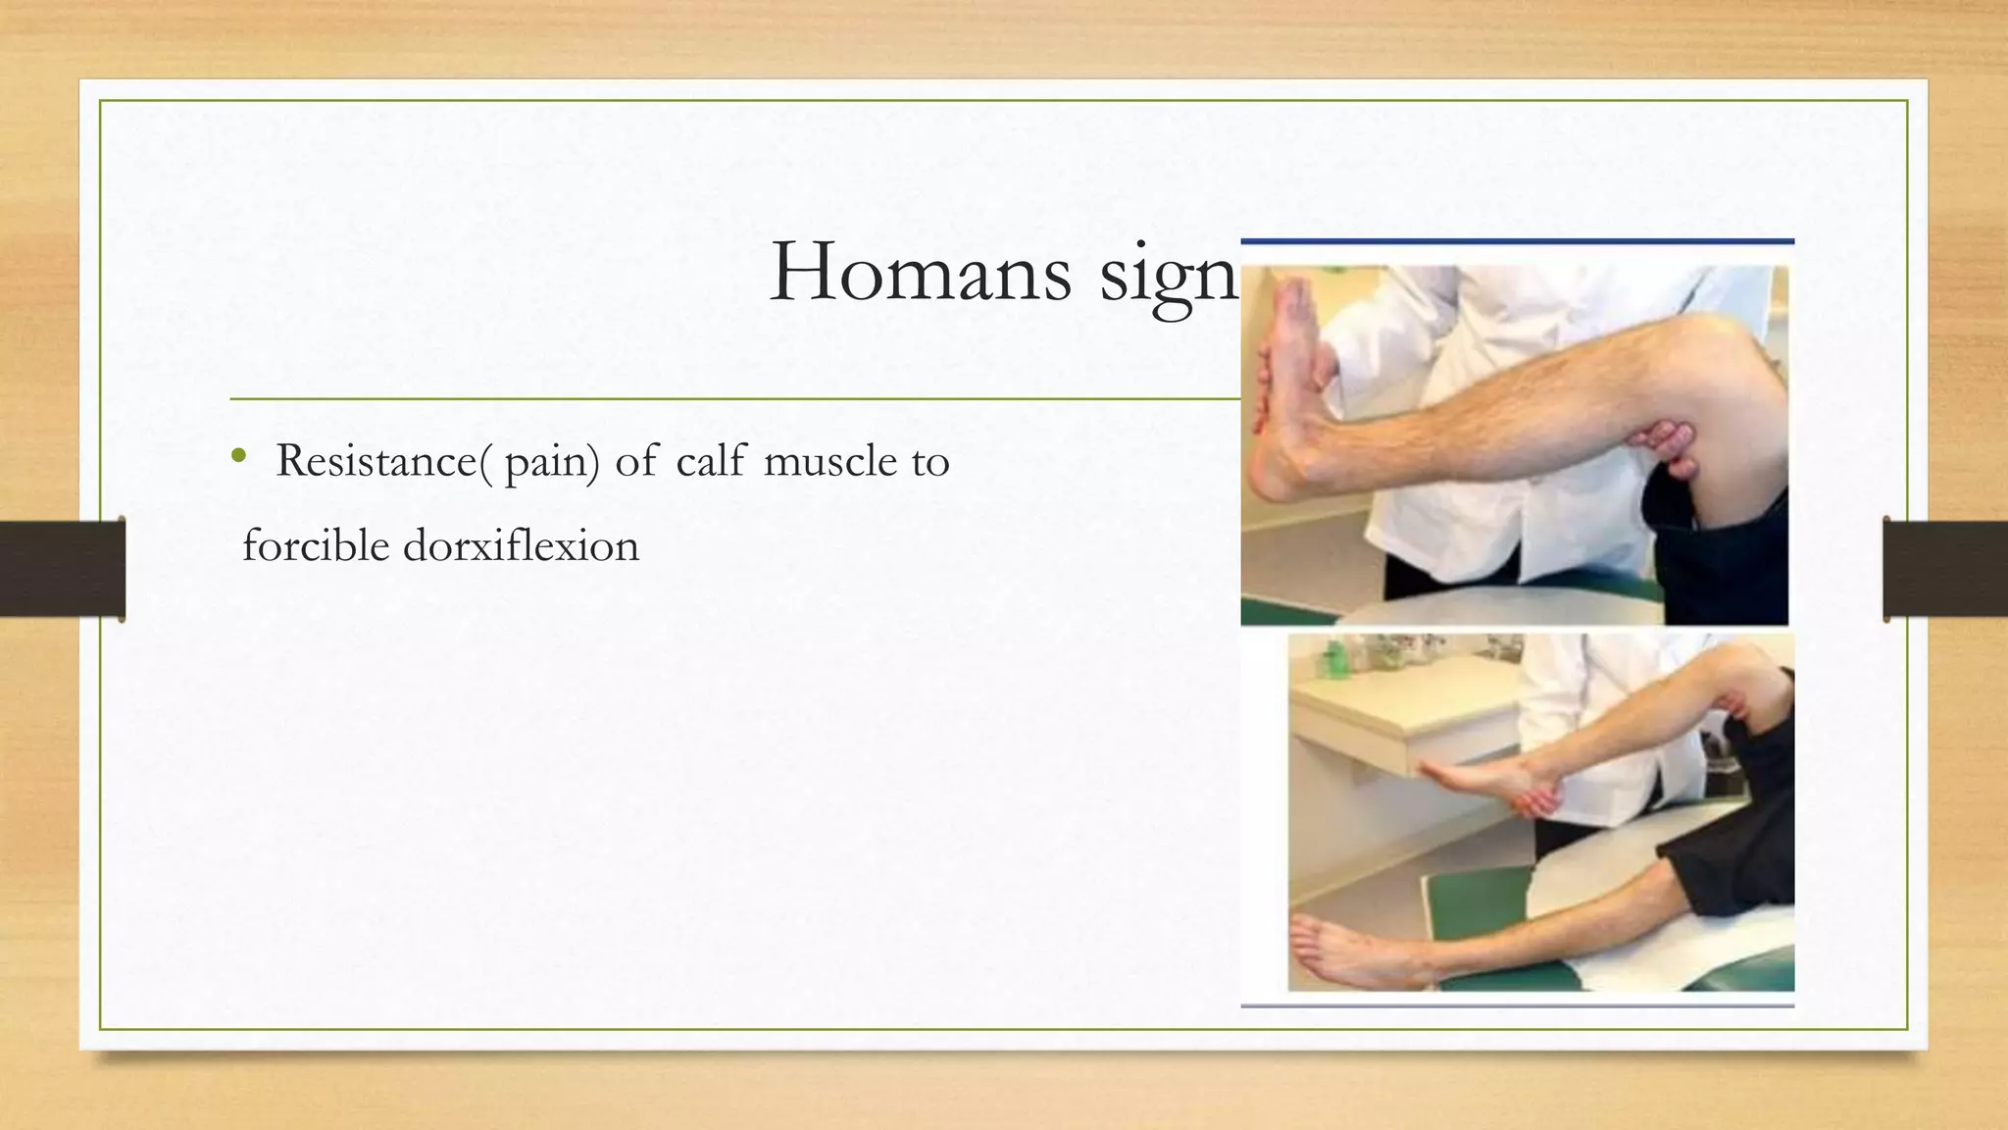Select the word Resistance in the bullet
pyautogui.click(x=376, y=461)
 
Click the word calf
pyautogui.click(x=711, y=461)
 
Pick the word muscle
pyautogui.click(x=829, y=461)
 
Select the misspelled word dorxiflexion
pyautogui.click(x=521, y=545)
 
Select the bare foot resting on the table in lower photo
pyautogui.click(x=1333, y=948)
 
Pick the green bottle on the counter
pyautogui.click(x=1334, y=657)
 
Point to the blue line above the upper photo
pyautogui.click(x=1517, y=241)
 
